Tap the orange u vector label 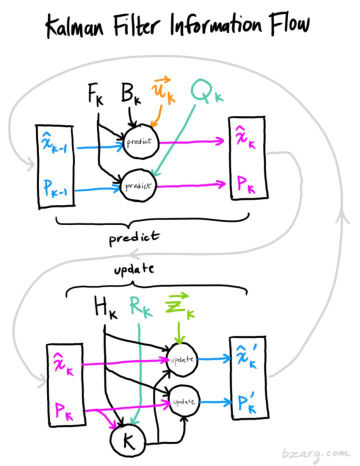pyautogui.click(x=165, y=92)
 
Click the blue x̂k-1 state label pyautogui.click(x=55, y=145)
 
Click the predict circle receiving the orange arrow pyautogui.click(x=141, y=141)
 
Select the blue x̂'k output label pyautogui.click(x=246, y=359)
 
